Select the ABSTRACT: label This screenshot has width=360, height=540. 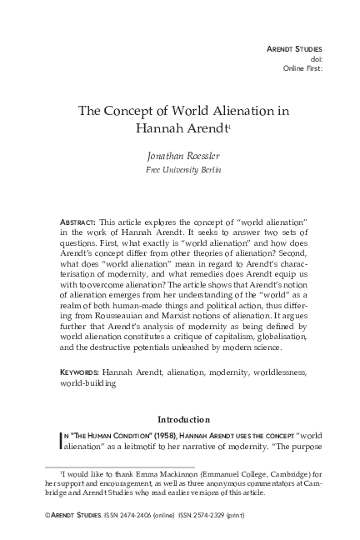pos(77,223)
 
